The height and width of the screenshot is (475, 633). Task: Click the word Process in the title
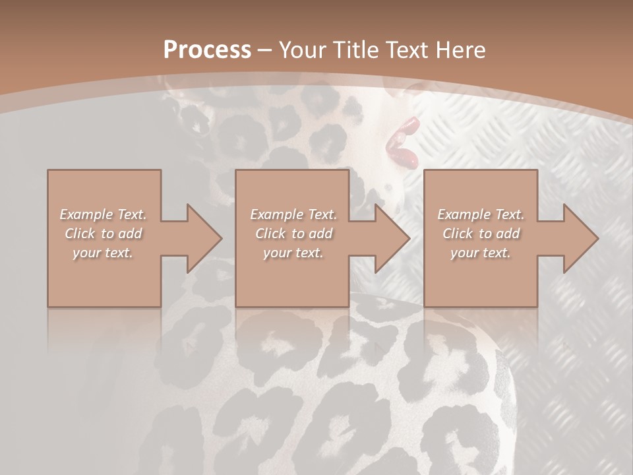(x=207, y=50)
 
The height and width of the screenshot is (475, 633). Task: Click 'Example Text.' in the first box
(x=103, y=214)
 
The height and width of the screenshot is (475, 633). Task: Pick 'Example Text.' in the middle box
(x=293, y=214)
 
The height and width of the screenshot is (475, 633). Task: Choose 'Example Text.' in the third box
(x=481, y=214)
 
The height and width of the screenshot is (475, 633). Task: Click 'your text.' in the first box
(x=103, y=253)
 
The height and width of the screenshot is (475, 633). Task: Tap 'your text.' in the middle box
(x=293, y=253)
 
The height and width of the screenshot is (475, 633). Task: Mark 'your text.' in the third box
(x=481, y=253)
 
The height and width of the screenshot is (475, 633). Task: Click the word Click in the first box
(x=79, y=234)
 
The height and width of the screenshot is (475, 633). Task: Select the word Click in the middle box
(x=270, y=234)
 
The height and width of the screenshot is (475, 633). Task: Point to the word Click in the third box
(x=457, y=234)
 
